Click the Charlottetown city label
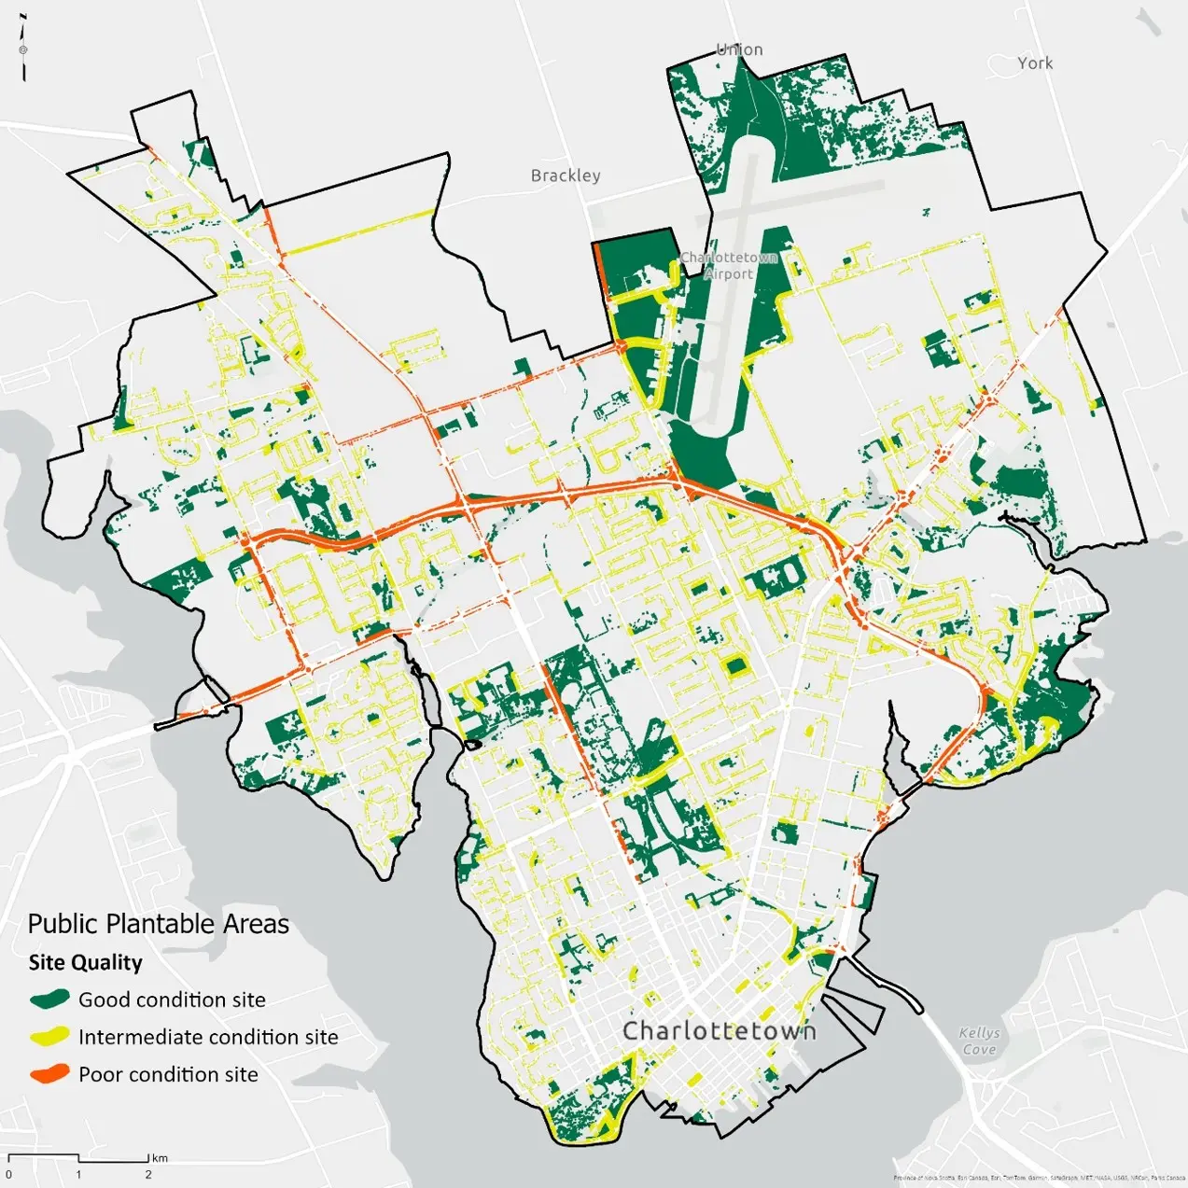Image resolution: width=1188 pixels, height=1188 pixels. click(x=719, y=1030)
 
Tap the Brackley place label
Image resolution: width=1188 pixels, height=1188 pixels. click(x=566, y=175)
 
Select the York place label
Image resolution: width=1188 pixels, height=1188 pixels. click(x=1035, y=63)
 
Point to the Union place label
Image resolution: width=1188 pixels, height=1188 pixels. click(x=739, y=49)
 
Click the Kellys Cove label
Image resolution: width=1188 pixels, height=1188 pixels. click(x=979, y=1041)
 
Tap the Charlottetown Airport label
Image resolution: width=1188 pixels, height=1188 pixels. click(x=729, y=265)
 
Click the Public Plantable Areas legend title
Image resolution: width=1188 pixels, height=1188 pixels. click(x=158, y=924)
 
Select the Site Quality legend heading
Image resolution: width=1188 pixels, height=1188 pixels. click(x=85, y=962)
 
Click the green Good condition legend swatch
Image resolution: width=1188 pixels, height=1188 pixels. click(x=49, y=999)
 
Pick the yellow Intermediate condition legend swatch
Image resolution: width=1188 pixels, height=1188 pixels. click(x=49, y=1037)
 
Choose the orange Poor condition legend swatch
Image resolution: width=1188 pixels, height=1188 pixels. click(x=49, y=1074)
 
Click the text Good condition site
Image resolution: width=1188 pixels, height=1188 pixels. click(x=172, y=999)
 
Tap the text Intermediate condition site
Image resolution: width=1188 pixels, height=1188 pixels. click(x=208, y=1037)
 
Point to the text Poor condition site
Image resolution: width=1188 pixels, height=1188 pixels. click(x=168, y=1074)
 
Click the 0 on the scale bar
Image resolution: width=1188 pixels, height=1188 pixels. click(x=8, y=1174)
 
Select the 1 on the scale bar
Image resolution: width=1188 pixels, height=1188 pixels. click(x=78, y=1174)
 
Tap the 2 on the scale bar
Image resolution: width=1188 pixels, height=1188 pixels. click(x=147, y=1174)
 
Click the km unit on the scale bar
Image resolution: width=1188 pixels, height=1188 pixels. click(x=161, y=1158)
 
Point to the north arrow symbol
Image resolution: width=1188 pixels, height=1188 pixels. click(x=23, y=49)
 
